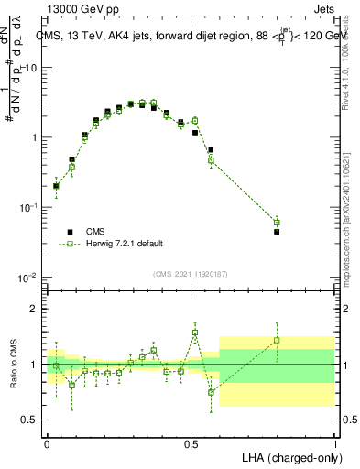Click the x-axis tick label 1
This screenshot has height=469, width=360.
click(x=334, y=442)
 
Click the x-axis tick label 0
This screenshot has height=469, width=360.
click(x=47, y=442)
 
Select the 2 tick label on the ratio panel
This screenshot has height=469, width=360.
click(x=34, y=309)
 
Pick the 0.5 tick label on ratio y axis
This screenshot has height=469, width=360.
click(x=29, y=420)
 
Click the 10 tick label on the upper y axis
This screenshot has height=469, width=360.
click(x=29, y=68)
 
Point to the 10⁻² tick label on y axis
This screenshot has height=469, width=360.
click(x=27, y=277)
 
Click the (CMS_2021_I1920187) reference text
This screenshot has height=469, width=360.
click(x=190, y=273)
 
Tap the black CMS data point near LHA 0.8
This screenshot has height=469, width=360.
click(x=277, y=232)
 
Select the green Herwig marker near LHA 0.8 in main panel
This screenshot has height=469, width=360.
click(x=277, y=223)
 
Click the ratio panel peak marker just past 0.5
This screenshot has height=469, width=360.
click(x=195, y=333)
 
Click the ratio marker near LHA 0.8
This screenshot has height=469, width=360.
click(x=277, y=340)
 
